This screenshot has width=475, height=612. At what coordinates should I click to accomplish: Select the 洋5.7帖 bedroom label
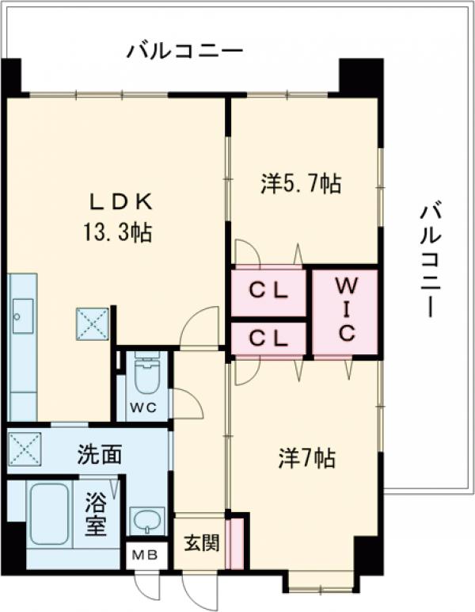302,184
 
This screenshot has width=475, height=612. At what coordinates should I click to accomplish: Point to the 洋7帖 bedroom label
306,457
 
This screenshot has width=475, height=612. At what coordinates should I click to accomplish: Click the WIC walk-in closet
345,312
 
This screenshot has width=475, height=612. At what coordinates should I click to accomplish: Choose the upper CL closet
268,291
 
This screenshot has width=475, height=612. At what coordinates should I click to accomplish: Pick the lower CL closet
268,338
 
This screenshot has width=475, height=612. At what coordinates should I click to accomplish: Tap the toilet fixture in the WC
147,375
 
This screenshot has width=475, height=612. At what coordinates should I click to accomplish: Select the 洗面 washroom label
100,455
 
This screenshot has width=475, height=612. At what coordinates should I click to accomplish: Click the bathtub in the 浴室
49,513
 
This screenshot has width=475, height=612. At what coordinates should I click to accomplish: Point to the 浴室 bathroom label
96,513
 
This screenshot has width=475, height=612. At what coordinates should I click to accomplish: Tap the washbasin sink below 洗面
147,521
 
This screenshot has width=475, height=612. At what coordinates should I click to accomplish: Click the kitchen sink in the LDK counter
22,314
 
